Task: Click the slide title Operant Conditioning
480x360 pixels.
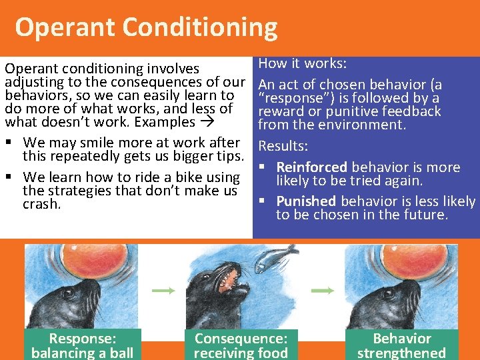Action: (x=146, y=27)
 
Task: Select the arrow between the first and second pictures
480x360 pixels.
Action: (x=162, y=291)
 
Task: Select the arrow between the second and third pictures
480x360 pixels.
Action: (x=323, y=291)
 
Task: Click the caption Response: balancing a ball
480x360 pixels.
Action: (x=82, y=345)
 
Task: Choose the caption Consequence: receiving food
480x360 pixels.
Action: (x=241, y=345)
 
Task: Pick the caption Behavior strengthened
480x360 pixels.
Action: (x=401, y=345)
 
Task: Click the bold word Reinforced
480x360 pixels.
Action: (x=311, y=167)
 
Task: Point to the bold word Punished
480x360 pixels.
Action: (x=306, y=201)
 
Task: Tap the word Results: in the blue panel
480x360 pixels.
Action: (x=283, y=145)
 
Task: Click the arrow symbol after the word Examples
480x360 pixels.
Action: (x=207, y=123)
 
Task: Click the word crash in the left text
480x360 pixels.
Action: (x=41, y=205)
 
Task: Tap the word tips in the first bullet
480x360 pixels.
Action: (x=227, y=157)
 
